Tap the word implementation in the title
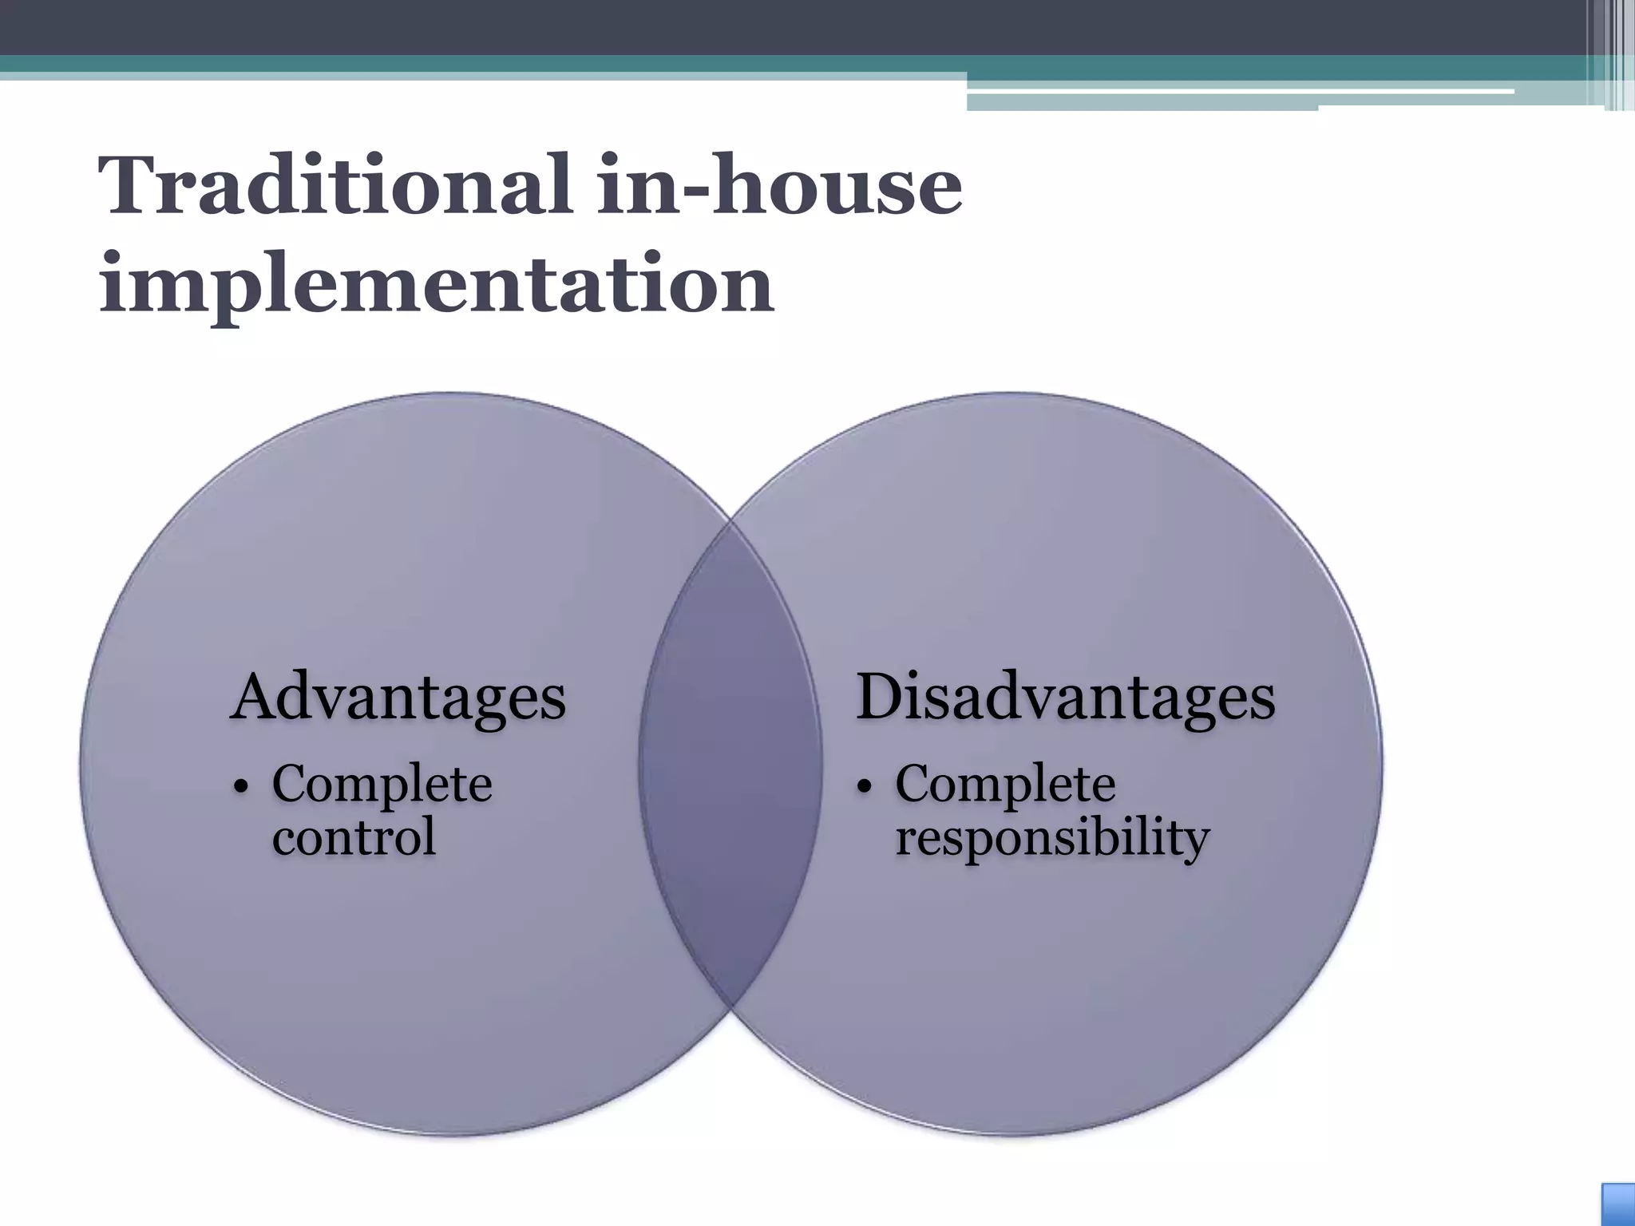(x=436, y=283)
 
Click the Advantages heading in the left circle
(x=398, y=697)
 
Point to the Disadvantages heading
(x=1065, y=697)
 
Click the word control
(x=354, y=837)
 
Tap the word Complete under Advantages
(x=382, y=785)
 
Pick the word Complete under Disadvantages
(x=1005, y=785)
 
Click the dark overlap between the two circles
(x=730, y=762)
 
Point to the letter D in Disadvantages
(x=881, y=697)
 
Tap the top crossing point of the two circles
(x=730, y=522)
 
